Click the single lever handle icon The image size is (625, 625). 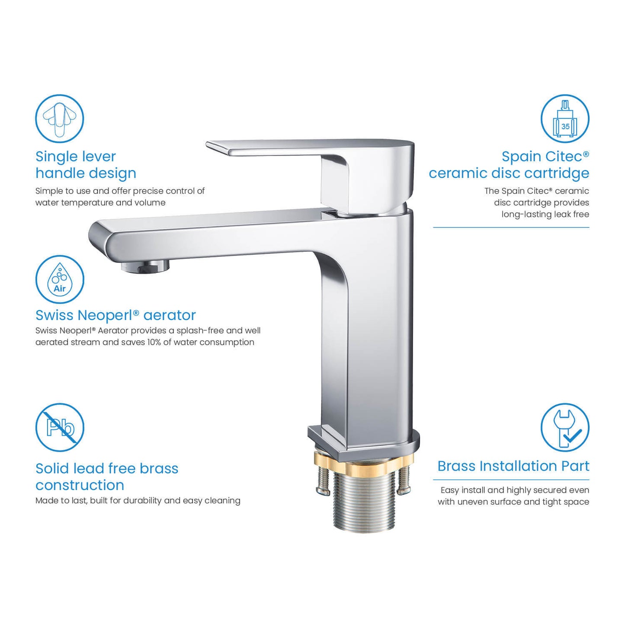(59, 119)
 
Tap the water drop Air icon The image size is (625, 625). (59, 279)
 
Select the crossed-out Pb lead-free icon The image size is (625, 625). (59, 427)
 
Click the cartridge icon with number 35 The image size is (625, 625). (565, 119)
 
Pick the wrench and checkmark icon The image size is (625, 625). (565, 427)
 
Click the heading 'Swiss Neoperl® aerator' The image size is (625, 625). (115, 315)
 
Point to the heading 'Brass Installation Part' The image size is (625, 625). (513, 466)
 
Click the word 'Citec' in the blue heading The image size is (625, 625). (564, 156)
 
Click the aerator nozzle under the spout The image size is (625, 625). (145, 267)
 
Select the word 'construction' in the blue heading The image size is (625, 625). (80, 486)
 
